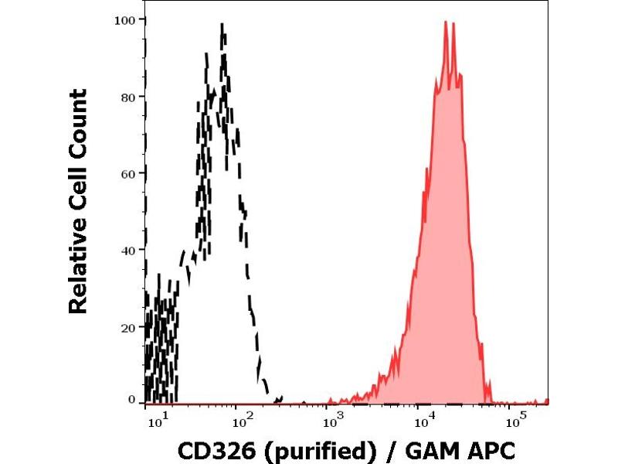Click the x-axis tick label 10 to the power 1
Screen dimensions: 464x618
[x=157, y=419]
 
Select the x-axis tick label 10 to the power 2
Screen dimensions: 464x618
[x=244, y=419]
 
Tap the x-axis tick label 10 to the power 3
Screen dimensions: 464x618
[x=333, y=419]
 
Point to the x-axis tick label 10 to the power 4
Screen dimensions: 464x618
[x=423, y=419]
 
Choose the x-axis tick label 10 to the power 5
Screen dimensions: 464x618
[x=513, y=419]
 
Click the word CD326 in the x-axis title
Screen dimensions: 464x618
[x=206, y=448]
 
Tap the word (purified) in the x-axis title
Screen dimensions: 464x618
[x=293, y=449]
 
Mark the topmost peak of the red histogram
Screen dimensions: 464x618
[x=447, y=23]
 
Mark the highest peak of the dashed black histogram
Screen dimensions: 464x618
[x=222, y=25]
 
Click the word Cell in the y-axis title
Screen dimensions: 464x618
[x=78, y=192]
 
